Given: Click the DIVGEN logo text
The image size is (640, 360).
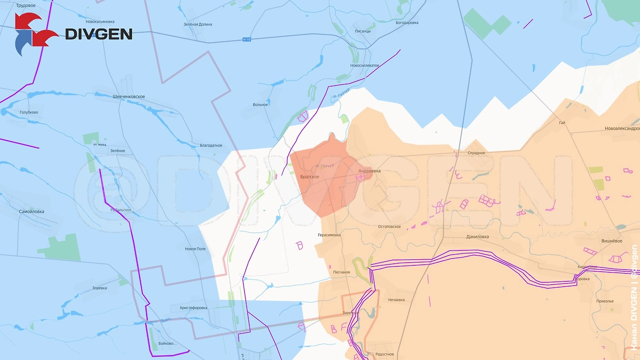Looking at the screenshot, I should coord(99,34).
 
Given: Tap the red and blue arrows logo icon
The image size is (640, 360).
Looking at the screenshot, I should coord(35,34).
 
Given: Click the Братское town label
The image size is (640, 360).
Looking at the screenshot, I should coord(309,177).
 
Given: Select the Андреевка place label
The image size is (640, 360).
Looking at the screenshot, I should coord(369,171).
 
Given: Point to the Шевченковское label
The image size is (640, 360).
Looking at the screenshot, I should coord(129,97).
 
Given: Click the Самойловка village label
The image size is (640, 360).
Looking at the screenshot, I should coord(31,211).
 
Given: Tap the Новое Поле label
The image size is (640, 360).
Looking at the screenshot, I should coord(195,249).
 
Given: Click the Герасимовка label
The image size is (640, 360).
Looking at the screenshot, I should coord(329,235).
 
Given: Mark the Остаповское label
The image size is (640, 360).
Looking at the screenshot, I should coord(389,227).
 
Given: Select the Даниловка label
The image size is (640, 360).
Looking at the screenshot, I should coord(477,236).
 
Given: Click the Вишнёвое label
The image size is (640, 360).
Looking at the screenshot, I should coord(612,241).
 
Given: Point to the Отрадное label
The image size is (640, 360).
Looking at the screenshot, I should coord(476,153).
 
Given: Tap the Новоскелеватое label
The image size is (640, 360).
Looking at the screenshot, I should coord(364,65).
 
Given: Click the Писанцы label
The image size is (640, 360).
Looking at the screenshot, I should coord(363,31).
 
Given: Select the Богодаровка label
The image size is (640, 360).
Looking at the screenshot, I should coord(407,23).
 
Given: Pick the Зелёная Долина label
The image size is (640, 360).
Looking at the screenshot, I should coord(197,25).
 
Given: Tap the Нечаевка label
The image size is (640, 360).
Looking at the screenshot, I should coord(396,300).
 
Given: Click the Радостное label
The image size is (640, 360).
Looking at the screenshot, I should coord(385,354).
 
